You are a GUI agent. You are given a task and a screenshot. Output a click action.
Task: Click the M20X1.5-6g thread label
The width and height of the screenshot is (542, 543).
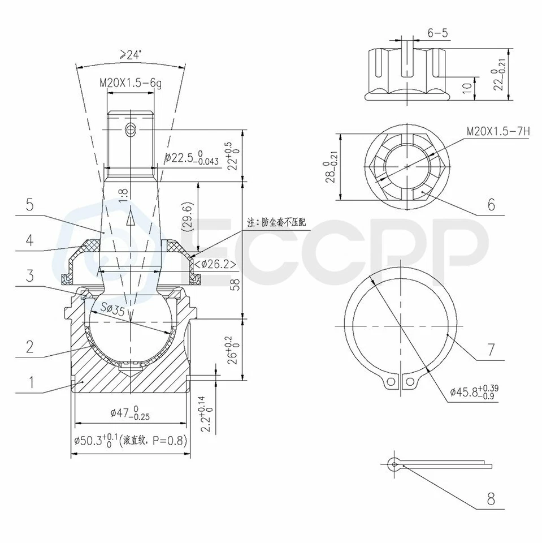click(131, 84)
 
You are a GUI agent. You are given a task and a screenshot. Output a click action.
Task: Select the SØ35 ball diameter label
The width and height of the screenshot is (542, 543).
click(112, 309)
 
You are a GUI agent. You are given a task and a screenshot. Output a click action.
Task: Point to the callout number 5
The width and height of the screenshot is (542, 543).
click(30, 205)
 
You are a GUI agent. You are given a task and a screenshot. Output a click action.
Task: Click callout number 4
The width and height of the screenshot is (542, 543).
click(30, 240)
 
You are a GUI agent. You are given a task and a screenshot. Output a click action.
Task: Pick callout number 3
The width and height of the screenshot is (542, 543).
click(30, 275)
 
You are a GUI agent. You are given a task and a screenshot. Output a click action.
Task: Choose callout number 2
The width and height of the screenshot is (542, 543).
click(30, 347)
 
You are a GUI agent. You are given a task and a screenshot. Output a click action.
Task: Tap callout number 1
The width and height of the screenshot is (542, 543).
click(31, 382)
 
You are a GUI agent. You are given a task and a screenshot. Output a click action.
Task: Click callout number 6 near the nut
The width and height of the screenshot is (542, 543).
click(491, 205)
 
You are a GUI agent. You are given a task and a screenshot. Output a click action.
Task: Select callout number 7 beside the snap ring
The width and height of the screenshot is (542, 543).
click(491, 350)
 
